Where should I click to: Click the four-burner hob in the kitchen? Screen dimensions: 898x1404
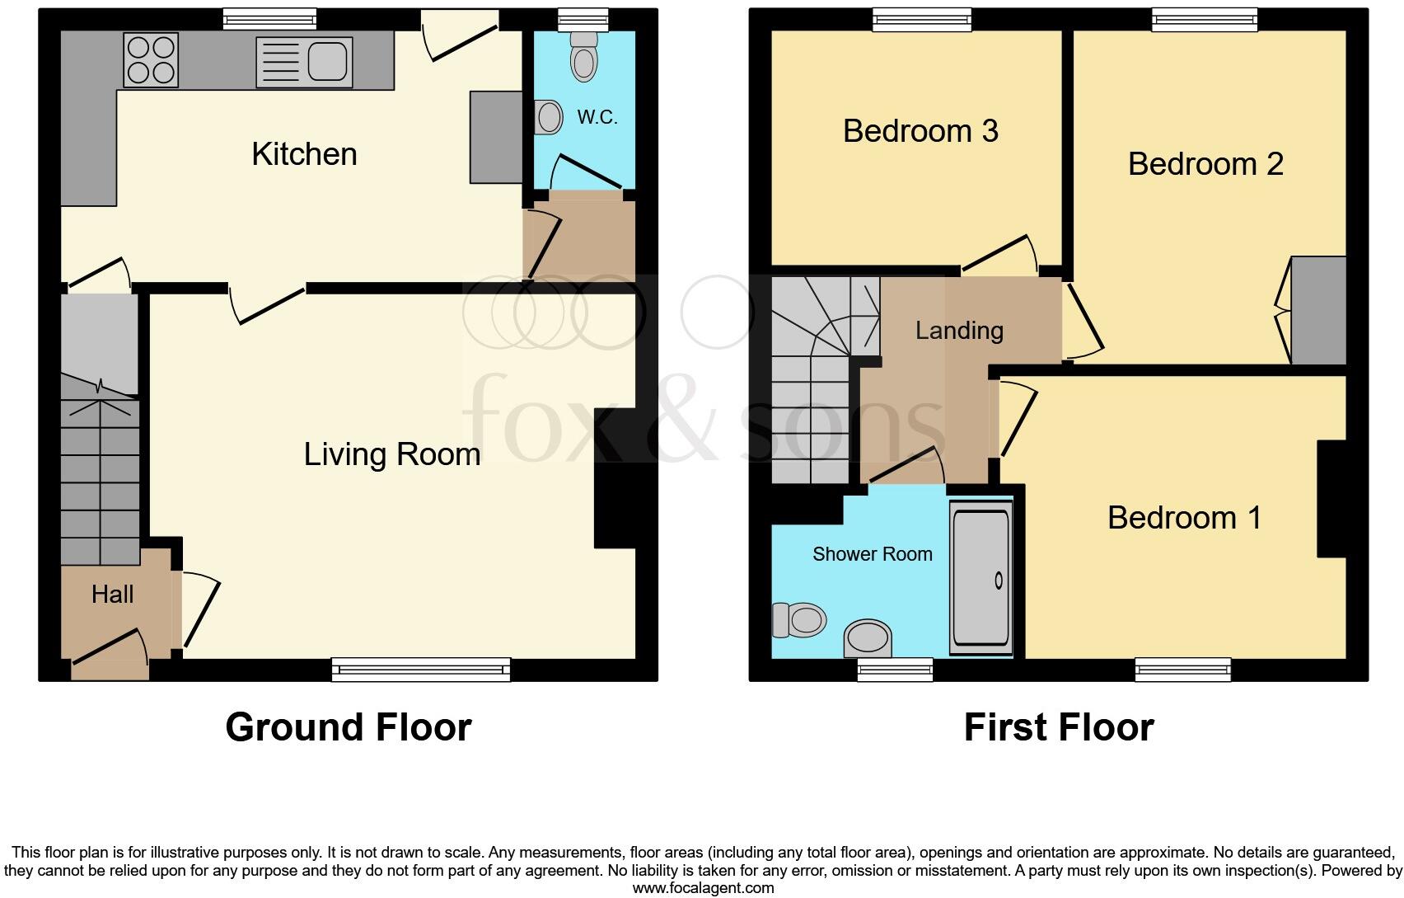[151, 60]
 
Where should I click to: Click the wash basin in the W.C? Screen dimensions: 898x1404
[548, 117]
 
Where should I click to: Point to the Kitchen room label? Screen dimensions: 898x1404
[304, 154]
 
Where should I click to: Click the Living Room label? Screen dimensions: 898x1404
[392, 454]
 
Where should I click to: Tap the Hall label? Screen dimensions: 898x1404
[112, 594]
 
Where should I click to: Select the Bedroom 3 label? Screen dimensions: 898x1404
[920, 131]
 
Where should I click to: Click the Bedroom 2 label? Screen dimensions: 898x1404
[1205, 164]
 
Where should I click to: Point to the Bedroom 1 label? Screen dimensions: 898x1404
[1184, 518]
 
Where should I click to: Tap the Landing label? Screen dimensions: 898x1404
[959, 331]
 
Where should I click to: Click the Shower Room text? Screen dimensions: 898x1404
[873, 554]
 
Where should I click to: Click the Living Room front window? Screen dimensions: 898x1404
[421, 669]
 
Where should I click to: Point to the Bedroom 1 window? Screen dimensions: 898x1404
[1183, 669]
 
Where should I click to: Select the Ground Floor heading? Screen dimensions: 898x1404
[349, 727]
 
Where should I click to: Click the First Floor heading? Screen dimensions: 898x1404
[1059, 727]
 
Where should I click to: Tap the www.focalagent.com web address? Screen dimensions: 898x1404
[703, 888]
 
